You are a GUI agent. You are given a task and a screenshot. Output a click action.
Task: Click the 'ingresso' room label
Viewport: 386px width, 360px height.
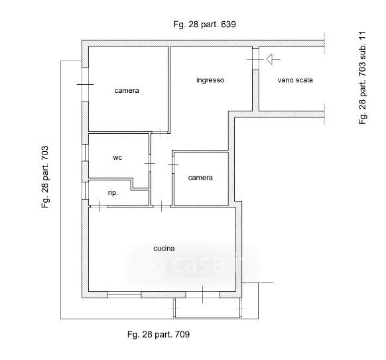pos(210,80)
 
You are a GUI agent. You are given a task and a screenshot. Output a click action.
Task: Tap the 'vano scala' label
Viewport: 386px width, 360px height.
pos(295,80)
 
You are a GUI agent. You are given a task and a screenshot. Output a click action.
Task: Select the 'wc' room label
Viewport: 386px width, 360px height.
pos(117,158)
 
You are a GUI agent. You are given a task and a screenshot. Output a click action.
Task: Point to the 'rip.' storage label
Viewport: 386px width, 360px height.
pos(113,193)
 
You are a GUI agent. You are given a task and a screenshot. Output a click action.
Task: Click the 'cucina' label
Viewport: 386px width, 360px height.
pos(164,248)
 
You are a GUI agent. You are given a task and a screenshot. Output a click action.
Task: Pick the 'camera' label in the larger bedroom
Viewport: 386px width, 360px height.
pos(127,91)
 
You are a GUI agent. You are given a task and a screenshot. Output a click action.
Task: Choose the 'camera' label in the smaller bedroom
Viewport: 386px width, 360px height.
pos(200,178)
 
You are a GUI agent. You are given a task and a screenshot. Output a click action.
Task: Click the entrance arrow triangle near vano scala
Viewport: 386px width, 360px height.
pos(269,59)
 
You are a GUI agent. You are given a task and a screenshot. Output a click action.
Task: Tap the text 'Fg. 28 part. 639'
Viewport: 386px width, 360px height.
pos(204,25)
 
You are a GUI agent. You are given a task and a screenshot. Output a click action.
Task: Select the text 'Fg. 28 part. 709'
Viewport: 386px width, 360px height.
pos(159,334)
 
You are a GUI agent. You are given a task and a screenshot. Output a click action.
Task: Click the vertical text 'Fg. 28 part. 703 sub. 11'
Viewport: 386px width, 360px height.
pos(362,78)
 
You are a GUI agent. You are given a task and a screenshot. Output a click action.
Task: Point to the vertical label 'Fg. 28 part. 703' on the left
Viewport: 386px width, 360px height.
pos(45,177)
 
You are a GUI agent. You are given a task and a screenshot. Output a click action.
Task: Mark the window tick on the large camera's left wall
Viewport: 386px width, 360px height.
pos(85,84)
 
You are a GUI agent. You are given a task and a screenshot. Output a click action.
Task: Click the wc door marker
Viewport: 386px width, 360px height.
pos(150,163)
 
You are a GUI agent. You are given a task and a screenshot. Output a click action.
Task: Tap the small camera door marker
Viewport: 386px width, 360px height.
pos(173,164)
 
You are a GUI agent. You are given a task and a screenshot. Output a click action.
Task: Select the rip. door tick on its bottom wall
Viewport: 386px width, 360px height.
pos(99,206)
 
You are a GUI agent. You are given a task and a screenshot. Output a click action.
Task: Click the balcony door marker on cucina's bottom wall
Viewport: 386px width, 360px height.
pos(202,294)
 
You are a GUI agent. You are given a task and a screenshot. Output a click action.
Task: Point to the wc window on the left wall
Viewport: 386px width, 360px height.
pos(85,152)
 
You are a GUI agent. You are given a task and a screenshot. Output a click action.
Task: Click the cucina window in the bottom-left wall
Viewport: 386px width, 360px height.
pos(124,294)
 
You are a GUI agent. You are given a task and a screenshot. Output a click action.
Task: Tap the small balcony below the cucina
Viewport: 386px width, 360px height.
pos(208,308)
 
